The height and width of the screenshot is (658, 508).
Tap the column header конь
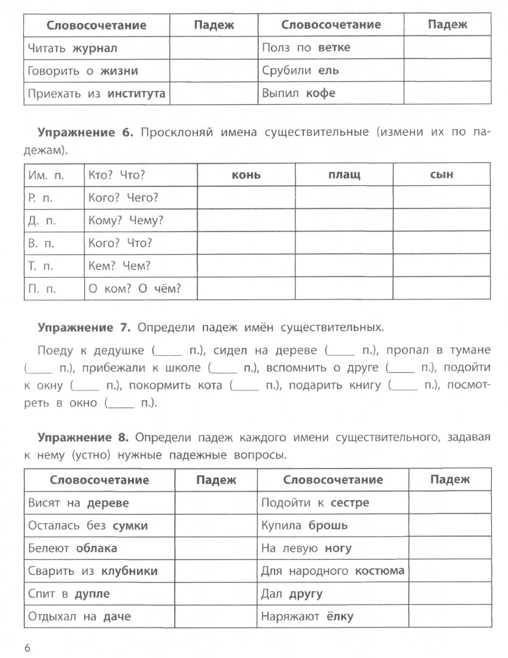[246, 175]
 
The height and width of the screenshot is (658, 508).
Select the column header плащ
[344, 175]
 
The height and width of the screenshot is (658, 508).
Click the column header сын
[442, 175]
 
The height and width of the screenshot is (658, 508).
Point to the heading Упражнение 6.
[85, 132]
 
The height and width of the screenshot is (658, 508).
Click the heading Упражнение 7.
[84, 327]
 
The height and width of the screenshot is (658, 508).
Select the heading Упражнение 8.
[84, 437]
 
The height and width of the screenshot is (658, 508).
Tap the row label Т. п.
[41, 266]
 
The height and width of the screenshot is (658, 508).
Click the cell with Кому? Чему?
[125, 221]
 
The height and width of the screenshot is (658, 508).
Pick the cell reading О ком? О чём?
[135, 289]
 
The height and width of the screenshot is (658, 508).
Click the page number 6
[27, 647]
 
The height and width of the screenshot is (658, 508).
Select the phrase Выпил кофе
[298, 94]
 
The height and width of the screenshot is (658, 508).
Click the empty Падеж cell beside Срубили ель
[447, 71]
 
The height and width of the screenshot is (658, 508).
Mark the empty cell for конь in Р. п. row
[246, 197]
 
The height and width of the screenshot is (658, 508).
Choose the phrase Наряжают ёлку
[307, 617]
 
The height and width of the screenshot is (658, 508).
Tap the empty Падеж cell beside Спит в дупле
[216, 593]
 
